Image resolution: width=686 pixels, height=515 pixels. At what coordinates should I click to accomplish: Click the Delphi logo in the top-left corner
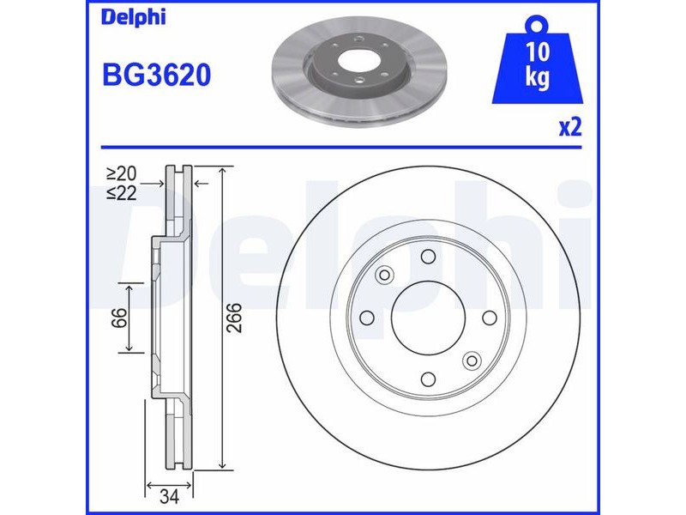tap(134, 17)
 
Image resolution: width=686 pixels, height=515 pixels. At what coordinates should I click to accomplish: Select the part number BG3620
tap(157, 75)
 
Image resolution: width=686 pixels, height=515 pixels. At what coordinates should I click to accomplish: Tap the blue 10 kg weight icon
tap(538, 60)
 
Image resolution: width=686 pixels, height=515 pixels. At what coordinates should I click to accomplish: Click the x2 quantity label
tap(570, 127)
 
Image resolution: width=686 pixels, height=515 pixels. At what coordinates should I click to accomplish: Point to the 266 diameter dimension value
tap(235, 318)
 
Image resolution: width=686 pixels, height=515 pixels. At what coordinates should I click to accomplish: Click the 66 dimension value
tap(118, 318)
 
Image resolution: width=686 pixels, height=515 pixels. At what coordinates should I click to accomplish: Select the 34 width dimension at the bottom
tap(169, 497)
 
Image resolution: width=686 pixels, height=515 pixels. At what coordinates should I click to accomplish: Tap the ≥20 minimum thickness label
tap(121, 174)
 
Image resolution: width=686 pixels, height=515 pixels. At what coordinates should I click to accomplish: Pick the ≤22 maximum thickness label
tap(121, 192)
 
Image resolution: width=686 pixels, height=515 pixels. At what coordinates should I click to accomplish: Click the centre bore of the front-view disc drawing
tap(428, 318)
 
